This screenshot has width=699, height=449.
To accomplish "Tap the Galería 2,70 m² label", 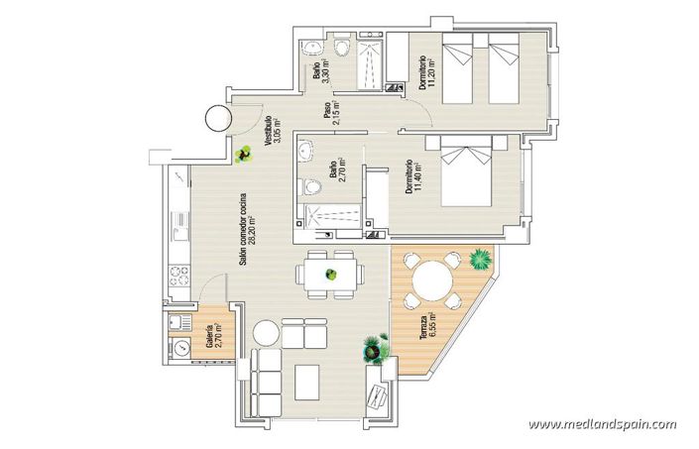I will coord(213,337).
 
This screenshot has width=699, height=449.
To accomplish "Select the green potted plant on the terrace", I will coord(481,259).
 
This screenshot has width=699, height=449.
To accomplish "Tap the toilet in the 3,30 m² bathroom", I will coord(343,47).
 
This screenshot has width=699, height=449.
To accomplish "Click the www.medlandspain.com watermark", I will coord(602,424).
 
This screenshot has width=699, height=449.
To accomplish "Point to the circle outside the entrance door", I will coord(217,117).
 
